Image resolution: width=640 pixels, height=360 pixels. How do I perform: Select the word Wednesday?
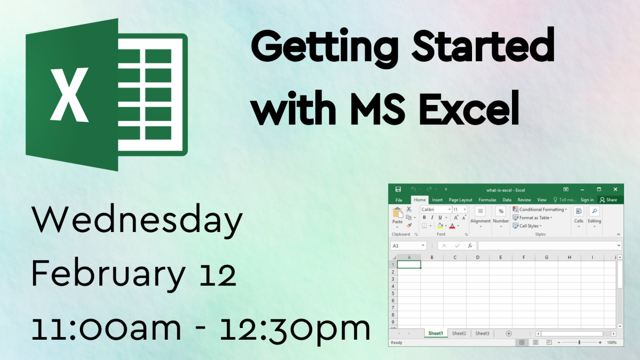click(137, 222)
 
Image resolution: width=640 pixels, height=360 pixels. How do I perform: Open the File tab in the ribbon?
click(398, 200)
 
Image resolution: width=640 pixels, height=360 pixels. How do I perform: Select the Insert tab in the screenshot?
click(437, 200)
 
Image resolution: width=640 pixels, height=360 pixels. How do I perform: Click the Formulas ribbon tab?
click(487, 200)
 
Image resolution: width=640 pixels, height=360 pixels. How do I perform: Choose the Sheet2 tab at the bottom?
click(459, 333)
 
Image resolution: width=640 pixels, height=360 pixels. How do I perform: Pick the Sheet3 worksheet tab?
click(482, 333)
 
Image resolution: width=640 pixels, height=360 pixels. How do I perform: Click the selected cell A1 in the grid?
click(409, 265)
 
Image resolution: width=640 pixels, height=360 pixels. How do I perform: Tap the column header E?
click(500, 258)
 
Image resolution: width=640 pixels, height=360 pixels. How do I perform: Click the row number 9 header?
click(393, 322)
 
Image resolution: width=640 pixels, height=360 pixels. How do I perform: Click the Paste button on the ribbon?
click(397, 215)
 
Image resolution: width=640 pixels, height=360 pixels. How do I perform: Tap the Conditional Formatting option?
click(540, 210)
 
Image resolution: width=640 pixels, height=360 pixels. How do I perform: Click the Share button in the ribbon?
click(608, 200)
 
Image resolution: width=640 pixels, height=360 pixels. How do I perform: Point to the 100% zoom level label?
click(612, 342)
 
